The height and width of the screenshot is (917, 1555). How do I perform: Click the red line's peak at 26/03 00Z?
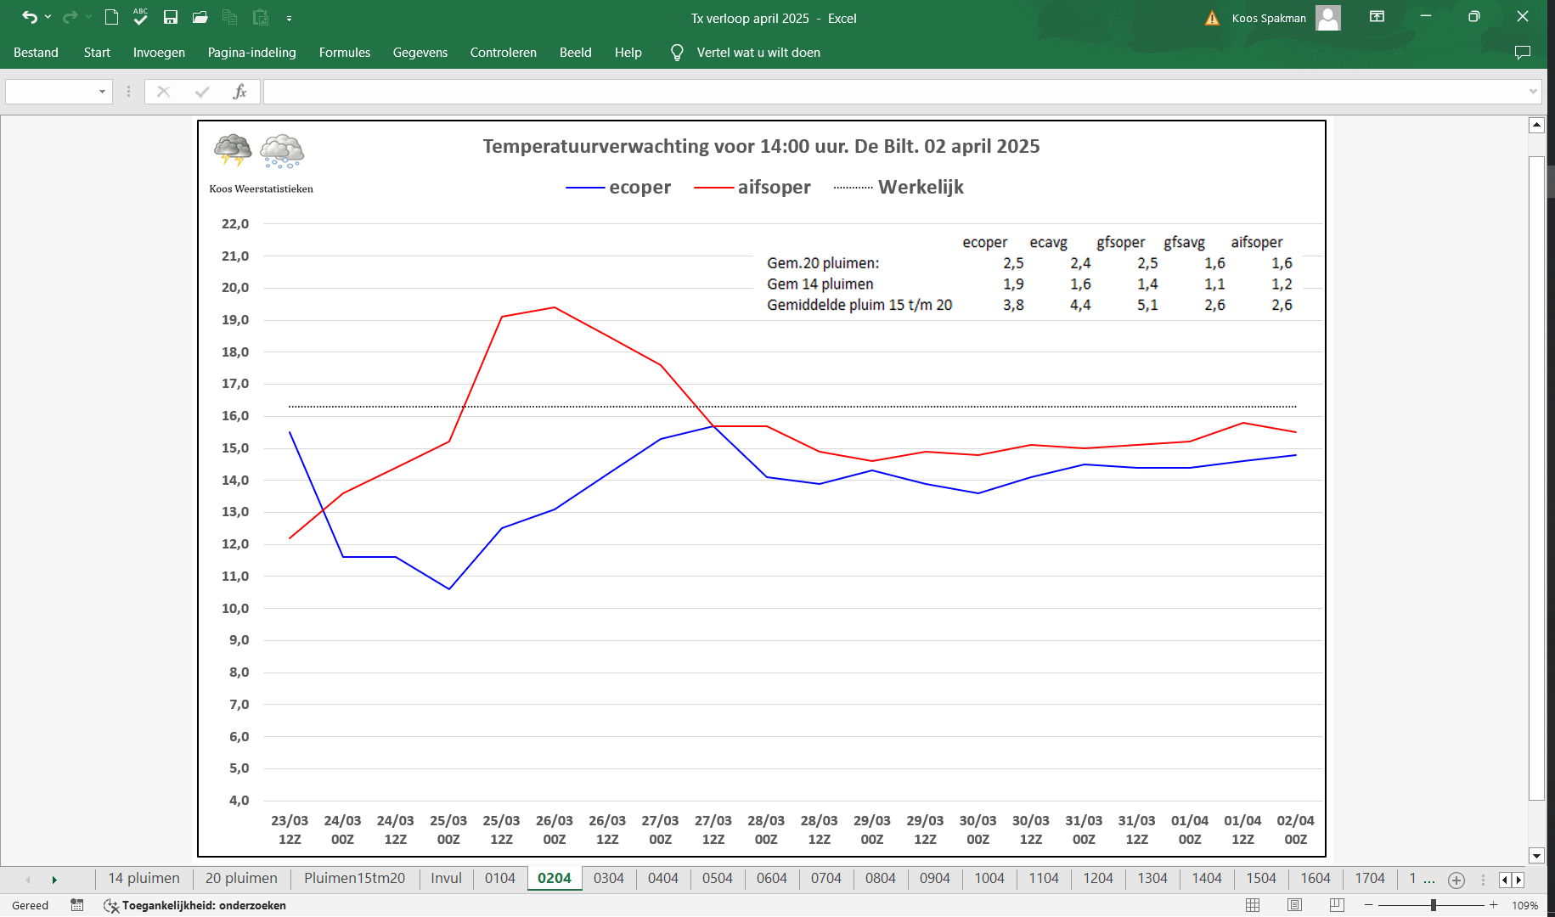555,307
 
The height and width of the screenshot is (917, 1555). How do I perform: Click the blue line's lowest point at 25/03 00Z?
449,588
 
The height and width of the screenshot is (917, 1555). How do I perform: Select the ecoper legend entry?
618,188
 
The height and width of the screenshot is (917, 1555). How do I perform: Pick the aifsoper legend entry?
752,188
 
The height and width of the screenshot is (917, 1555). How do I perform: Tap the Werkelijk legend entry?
899,188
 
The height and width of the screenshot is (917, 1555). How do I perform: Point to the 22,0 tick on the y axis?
235,224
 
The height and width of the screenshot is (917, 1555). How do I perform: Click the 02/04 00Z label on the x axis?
1296,830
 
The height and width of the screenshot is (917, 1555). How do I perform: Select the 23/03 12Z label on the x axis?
290,830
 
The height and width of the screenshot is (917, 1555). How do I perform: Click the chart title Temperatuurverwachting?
761,146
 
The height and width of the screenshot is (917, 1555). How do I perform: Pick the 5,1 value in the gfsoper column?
1147,305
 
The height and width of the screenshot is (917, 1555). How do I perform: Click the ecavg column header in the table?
1049,243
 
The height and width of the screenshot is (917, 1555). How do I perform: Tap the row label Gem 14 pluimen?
820,284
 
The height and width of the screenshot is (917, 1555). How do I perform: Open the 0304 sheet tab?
609,879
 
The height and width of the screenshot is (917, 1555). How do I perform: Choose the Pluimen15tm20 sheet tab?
355,879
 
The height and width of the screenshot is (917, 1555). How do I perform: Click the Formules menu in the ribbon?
345,53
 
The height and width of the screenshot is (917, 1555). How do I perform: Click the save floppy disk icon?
171,17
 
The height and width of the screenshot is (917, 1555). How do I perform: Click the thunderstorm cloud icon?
233,150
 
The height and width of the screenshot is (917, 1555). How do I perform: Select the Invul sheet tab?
447,879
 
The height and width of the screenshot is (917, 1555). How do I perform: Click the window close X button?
1523,17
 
